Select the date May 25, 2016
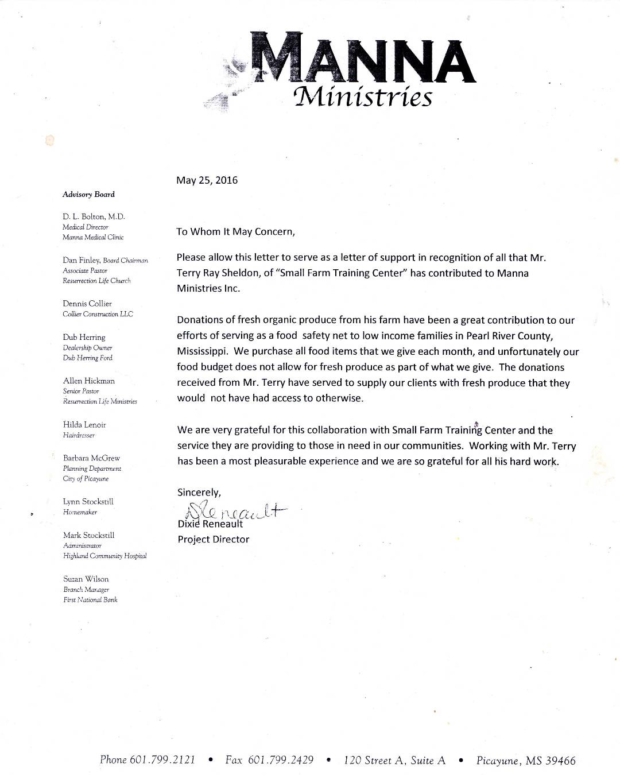(x=207, y=180)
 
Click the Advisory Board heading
(x=88, y=195)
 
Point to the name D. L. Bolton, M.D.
(x=94, y=216)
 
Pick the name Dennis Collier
(x=87, y=304)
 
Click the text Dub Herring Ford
(x=88, y=358)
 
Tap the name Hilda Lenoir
(x=84, y=425)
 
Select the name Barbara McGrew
(x=91, y=458)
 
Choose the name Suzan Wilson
(x=86, y=579)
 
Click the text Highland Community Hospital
(x=104, y=556)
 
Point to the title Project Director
(x=213, y=540)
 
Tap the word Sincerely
(x=199, y=493)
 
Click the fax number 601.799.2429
(x=281, y=760)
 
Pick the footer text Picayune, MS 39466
(x=525, y=761)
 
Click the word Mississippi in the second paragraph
(x=203, y=352)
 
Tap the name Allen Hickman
(x=88, y=381)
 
